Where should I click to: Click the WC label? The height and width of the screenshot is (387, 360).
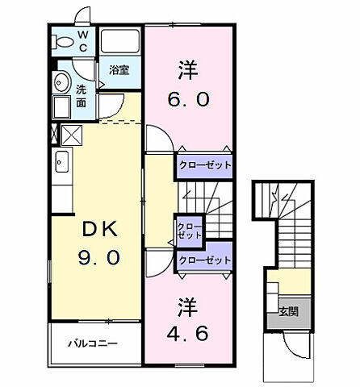pyautogui.click(x=82, y=40)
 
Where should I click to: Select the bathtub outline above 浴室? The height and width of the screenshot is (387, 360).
pyautogui.click(x=120, y=43)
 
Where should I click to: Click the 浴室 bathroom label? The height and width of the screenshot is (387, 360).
pyautogui.click(x=119, y=70)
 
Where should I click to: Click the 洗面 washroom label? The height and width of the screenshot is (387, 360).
pyautogui.click(x=82, y=97)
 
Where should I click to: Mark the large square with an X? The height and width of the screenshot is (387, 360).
pyautogui.click(x=72, y=135)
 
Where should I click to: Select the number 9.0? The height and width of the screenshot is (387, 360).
pyautogui.click(x=100, y=257)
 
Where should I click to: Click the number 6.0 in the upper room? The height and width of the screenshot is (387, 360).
pyautogui.click(x=190, y=98)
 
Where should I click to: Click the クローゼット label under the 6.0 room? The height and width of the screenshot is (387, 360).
pyautogui.click(x=205, y=164)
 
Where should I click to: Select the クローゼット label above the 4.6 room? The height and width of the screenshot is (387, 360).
pyautogui.click(x=205, y=260)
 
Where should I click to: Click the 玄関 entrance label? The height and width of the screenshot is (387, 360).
pyautogui.click(x=288, y=311)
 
